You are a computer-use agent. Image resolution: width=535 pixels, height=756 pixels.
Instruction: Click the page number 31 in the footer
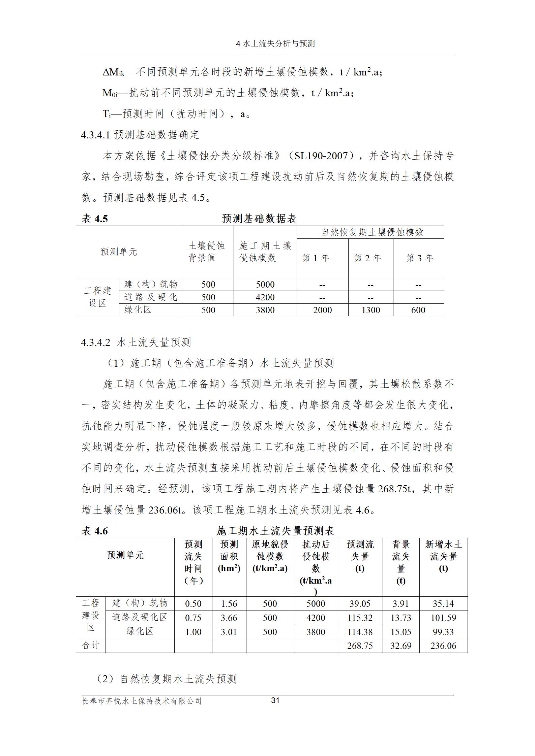(x=275, y=700)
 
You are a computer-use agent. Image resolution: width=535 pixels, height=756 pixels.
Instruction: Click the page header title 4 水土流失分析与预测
(x=275, y=44)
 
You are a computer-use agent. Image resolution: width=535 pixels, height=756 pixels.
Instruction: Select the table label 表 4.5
(x=95, y=219)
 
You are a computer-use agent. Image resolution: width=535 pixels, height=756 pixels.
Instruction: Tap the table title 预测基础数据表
(x=259, y=219)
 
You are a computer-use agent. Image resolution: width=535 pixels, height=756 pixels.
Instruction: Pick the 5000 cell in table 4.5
(x=265, y=285)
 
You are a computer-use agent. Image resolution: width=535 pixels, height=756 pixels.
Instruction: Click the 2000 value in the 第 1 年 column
(x=322, y=310)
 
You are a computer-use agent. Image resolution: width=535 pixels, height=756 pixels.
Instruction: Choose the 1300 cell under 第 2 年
(x=370, y=310)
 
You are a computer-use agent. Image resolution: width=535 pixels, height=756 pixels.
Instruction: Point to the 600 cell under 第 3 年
(x=418, y=310)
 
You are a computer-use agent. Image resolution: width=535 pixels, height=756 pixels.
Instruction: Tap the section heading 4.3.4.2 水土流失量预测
(x=136, y=342)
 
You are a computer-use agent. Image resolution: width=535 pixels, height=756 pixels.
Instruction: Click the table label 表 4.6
(x=95, y=531)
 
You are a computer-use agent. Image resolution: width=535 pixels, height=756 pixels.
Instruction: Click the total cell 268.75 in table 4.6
(x=360, y=646)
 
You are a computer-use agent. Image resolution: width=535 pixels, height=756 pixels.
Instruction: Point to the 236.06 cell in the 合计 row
(x=443, y=646)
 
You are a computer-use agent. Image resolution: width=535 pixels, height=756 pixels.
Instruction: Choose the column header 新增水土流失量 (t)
(x=443, y=556)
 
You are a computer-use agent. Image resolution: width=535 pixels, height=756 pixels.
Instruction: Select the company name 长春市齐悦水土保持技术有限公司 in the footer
(x=142, y=701)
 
